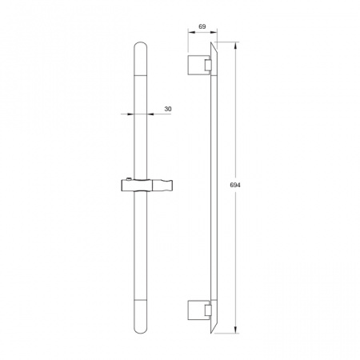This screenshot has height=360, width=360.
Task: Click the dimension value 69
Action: (202, 26)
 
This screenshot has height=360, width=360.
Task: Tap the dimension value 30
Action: (168, 109)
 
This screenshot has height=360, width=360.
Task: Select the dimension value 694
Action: (235, 185)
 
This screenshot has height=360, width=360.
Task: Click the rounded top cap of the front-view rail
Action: (141, 58)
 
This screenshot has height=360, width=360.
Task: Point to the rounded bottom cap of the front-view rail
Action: (141, 317)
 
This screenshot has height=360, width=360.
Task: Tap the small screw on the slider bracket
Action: (130, 180)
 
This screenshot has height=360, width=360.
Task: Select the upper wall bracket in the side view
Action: (200, 65)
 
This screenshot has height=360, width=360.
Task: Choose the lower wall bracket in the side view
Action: (200, 310)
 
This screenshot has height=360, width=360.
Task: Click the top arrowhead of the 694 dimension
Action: (235, 46)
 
